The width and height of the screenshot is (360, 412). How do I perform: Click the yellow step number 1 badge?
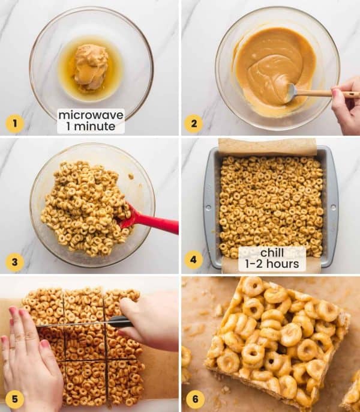pyautogui.click(x=14, y=124)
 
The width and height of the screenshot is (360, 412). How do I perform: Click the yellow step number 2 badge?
pyautogui.click(x=193, y=124)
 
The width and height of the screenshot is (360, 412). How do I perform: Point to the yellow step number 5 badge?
pyautogui.click(x=14, y=399)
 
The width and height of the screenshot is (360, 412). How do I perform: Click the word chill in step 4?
pyautogui.click(x=272, y=253)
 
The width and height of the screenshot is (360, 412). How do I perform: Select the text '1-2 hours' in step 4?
pyautogui.click(x=272, y=265)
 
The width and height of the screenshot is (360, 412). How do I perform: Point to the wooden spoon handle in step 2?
pyautogui.click(x=327, y=94)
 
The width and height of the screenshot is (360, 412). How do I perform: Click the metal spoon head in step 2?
pyautogui.click(x=291, y=92)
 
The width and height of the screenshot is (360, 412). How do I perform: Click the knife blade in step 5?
pyautogui.click(x=72, y=324)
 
